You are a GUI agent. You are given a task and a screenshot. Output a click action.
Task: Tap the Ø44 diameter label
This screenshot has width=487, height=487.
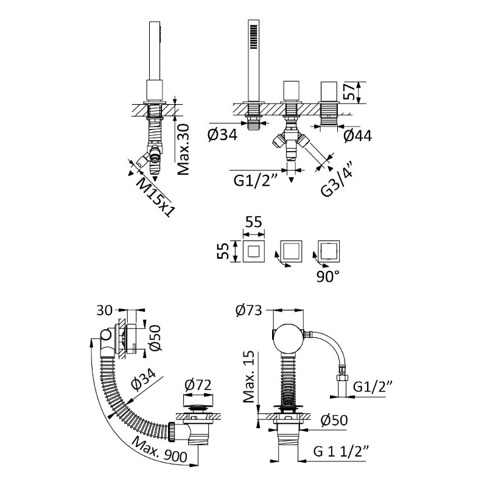point(358,136)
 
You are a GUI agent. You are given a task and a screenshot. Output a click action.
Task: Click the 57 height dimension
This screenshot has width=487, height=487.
point(351,91)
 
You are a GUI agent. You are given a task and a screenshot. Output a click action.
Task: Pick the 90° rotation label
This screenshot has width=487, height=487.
point(328,276)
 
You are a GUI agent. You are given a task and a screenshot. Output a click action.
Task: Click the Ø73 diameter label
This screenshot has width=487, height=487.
point(248,310)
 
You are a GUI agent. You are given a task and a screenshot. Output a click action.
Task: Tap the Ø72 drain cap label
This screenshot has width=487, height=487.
point(198,385)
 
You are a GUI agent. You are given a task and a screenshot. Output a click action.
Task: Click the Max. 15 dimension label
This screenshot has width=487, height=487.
point(248,376)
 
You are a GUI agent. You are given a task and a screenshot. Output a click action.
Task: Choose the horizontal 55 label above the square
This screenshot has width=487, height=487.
point(254,222)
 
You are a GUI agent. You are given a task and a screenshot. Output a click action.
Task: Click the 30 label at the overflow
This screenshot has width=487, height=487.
point(104,310)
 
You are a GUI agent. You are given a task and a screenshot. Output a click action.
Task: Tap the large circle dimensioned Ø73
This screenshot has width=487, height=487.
point(288,339)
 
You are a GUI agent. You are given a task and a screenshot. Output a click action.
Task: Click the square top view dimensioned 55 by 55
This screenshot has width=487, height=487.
point(253,251)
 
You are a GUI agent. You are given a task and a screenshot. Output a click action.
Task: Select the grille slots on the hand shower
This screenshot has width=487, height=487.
point(253,37)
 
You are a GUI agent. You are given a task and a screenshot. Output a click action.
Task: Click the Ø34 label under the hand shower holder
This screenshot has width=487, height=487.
point(223,135)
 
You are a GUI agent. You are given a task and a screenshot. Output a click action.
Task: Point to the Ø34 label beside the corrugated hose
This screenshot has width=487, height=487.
point(143,379)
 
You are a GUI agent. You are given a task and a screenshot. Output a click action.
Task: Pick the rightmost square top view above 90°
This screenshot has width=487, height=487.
point(329,250)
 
